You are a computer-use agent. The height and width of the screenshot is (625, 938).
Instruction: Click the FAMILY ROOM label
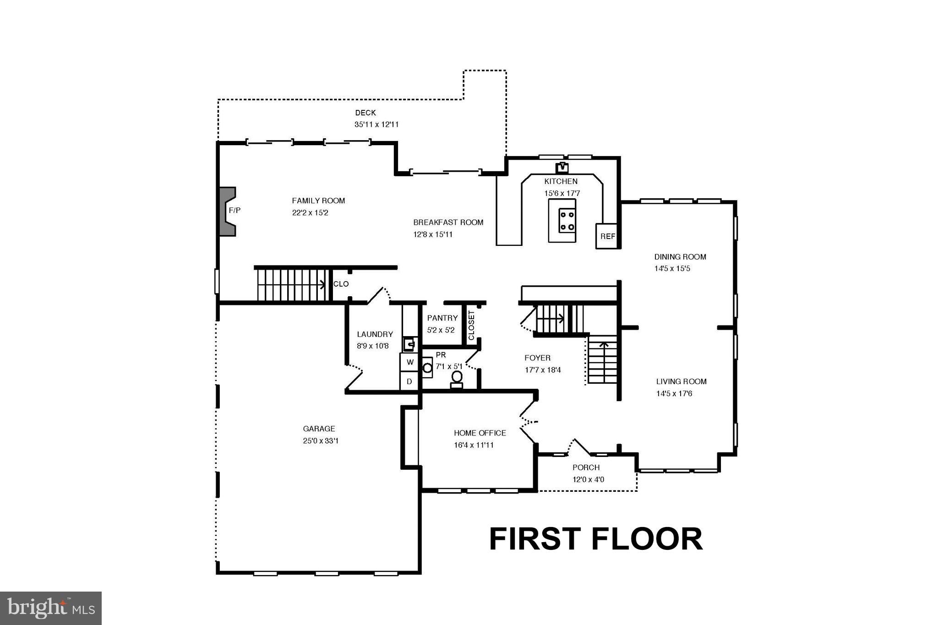click(x=318, y=201)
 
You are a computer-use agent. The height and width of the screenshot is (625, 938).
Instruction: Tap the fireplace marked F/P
click(x=228, y=211)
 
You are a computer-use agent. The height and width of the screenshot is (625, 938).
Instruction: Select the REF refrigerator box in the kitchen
click(x=607, y=236)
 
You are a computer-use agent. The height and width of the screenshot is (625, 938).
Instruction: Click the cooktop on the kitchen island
click(x=567, y=220)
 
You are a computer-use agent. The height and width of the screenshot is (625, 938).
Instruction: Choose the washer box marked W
click(x=410, y=362)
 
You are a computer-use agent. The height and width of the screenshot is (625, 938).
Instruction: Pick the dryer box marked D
click(x=409, y=381)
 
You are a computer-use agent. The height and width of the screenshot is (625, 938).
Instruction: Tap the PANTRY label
click(x=442, y=318)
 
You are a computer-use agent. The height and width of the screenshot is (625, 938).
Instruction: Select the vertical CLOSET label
click(x=471, y=326)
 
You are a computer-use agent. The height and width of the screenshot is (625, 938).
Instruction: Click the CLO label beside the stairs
click(x=341, y=284)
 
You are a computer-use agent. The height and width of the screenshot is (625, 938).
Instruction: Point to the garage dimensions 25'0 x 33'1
click(x=321, y=441)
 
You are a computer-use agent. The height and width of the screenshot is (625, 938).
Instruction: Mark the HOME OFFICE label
click(x=480, y=433)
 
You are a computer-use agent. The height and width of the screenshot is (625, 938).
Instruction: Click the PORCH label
click(x=586, y=467)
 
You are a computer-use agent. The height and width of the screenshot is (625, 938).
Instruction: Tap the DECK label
click(x=365, y=113)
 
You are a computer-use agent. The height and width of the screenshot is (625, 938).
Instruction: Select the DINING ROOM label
click(x=680, y=257)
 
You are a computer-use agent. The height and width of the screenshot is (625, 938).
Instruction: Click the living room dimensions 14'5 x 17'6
click(x=674, y=393)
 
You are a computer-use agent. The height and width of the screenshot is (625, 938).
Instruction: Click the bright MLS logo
click(x=51, y=608)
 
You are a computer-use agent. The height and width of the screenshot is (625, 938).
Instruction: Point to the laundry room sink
click(x=409, y=343)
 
